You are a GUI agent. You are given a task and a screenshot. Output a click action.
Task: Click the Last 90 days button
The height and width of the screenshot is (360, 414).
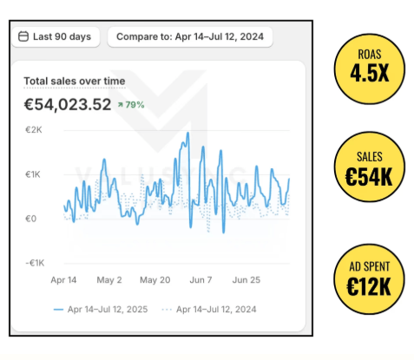pyautogui.click(x=55, y=37)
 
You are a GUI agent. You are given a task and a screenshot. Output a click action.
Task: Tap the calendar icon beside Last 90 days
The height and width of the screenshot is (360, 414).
pyautogui.click(x=23, y=37)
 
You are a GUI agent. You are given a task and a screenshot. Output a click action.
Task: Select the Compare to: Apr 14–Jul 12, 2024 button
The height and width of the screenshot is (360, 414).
pyautogui.click(x=190, y=37)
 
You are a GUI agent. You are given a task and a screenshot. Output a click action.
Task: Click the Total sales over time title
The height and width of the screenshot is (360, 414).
pyautogui.click(x=74, y=82)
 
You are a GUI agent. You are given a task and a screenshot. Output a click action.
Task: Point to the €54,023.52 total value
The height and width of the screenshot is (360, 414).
pyautogui.click(x=67, y=105)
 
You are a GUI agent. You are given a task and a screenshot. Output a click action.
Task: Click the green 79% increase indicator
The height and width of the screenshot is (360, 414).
pyautogui.click(x=131, y=105)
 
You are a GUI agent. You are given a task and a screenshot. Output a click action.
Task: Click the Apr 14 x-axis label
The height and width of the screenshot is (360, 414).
pyautogui.click(x=64, y=280)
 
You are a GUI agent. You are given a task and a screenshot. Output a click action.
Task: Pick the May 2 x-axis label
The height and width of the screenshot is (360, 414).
pyautogui.click(x=108, y=280)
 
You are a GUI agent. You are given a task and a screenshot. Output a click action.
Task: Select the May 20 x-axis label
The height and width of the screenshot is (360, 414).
pyautogui.click(x=154, y=280)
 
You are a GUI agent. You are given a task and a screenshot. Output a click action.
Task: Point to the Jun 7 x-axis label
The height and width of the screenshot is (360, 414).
pyautogui.click(x=200, y=280)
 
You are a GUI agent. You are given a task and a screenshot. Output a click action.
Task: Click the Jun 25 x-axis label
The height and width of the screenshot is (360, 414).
pyautogui.click(x=247, y=280)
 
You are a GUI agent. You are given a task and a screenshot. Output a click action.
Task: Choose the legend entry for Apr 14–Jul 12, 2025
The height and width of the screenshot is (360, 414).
pyautogui.click(x=102, y=309)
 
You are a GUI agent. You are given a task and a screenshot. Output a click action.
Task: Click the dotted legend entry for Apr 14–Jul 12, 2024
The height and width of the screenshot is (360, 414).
pyautogui.click(x=209, y=309)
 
